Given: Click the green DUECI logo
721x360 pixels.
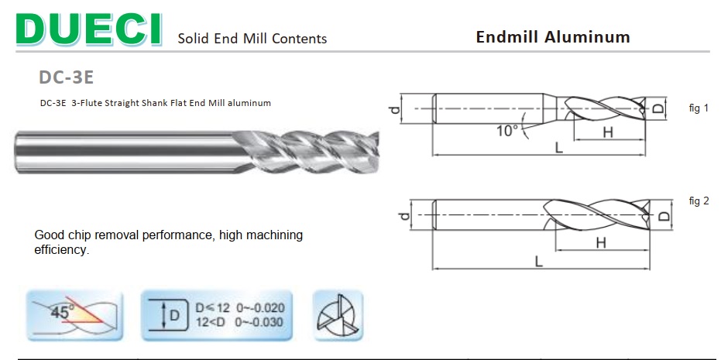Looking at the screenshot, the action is [89, 29].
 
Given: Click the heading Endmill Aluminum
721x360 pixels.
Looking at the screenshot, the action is [553, 37].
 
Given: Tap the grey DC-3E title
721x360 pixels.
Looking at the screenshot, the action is [67, 77].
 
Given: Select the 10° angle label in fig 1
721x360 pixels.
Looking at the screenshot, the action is [506, 131].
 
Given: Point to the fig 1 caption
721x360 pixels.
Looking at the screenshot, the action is [699, 108].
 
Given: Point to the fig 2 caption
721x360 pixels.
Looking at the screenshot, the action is [699, 201].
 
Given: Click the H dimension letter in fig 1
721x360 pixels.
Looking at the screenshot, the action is [608, 133].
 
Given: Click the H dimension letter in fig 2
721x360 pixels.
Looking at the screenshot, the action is [600, 243].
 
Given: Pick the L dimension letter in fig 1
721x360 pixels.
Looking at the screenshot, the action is [558, 148].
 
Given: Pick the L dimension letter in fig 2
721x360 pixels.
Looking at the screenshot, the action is [539, 262].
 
